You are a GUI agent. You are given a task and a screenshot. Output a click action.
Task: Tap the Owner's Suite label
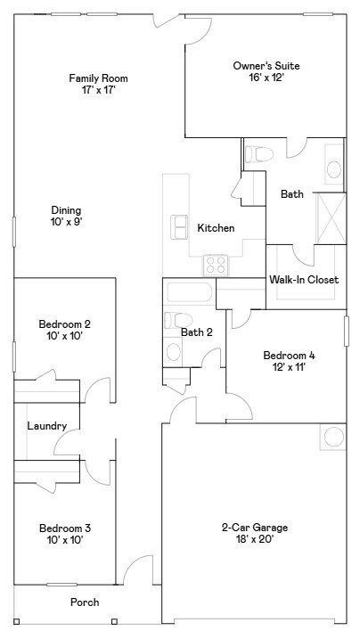[266, 66]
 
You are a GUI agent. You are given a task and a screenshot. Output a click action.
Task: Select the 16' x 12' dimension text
[266, 78]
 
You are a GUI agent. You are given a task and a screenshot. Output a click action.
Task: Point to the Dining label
[67, 210]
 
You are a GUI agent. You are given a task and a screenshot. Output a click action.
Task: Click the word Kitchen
[216, 228]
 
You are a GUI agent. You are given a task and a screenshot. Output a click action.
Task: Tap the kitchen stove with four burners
[216, 264]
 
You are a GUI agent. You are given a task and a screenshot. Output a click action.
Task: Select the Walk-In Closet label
[304, 280]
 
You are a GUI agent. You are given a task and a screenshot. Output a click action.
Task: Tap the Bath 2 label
[197, 332]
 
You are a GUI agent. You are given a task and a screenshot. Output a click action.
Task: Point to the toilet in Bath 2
[176, 320]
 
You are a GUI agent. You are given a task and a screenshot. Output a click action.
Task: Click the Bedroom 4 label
[289, 355]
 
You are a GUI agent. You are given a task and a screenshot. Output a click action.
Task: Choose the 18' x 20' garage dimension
[254, 540]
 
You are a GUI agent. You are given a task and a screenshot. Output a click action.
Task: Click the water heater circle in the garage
[333, 437]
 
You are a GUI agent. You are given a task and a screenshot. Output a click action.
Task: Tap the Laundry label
[47, 426]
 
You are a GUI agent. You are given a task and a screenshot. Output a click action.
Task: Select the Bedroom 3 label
[64, 528]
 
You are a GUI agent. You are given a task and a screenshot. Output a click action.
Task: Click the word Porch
[85, 602]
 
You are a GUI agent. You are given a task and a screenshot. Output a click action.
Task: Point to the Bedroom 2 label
[64, 324]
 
